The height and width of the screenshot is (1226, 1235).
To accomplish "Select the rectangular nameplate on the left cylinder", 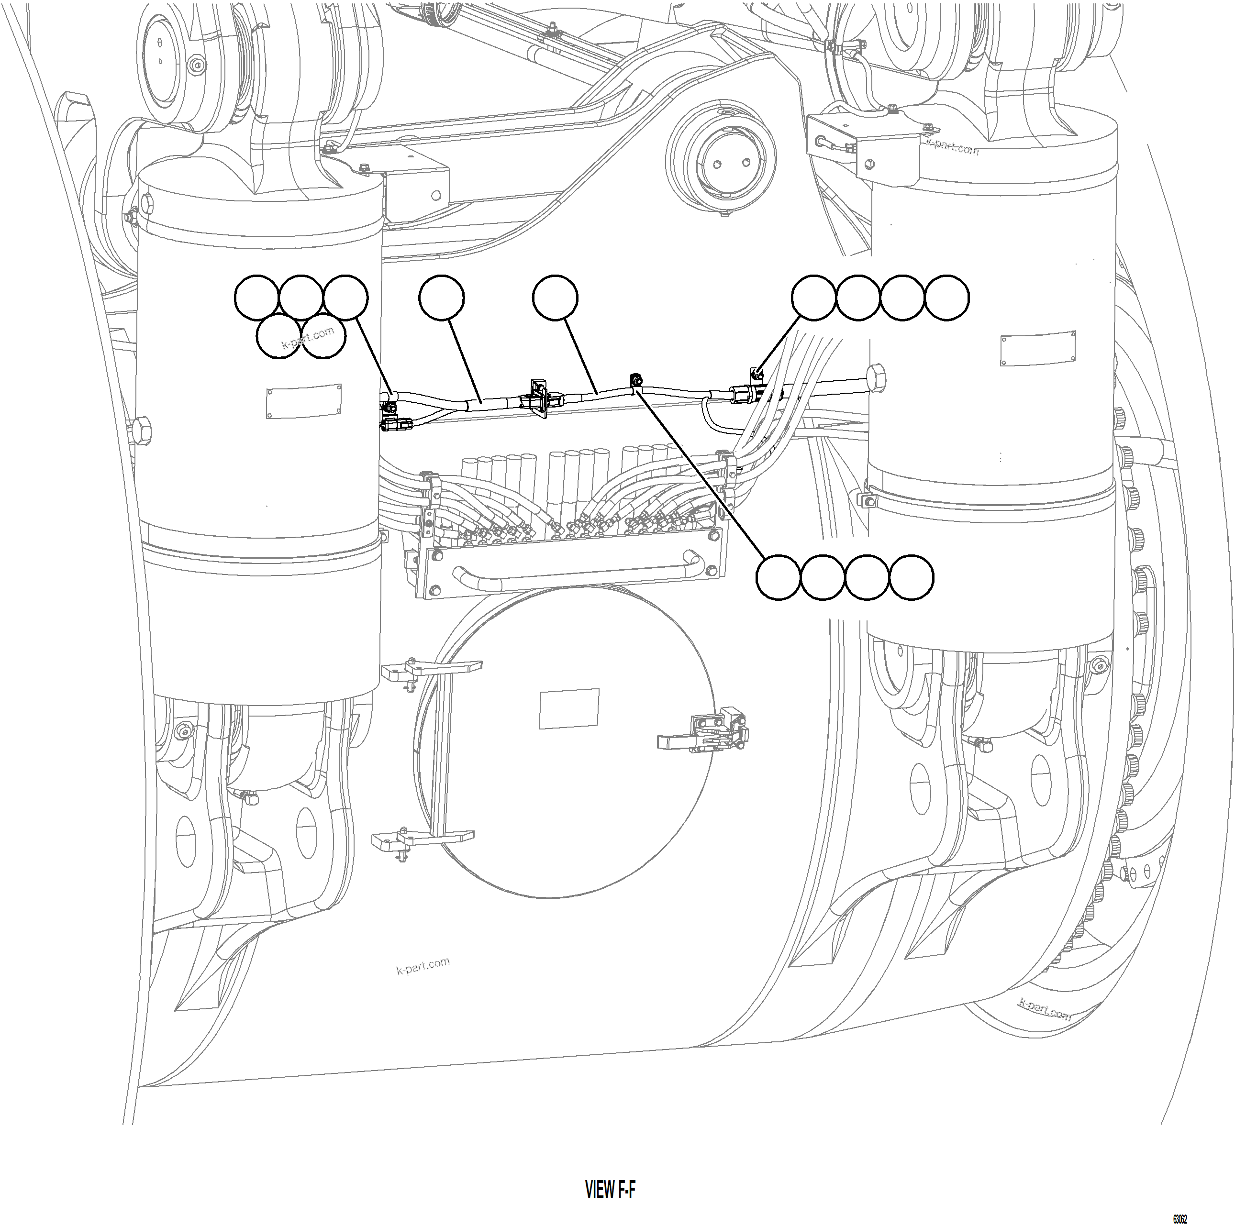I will pyautogui.click(x=304, y=401).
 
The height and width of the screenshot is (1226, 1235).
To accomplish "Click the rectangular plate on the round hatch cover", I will pyautogui.click(x=569, y=708).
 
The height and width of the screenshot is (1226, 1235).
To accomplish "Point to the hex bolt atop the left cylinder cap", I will pyautogui.click(x=146, y=204).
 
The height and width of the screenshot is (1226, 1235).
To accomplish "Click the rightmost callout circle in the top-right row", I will pyautogui.click(x=946, y=298).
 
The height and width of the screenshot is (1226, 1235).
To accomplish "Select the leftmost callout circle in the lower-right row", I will pyautogui.click(x=778, y=577).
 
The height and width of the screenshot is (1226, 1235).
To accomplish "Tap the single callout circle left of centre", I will pyautogui.click(x=442, y=298).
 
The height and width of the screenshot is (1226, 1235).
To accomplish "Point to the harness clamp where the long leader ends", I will pyautogui.click(x=637, y=385).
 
